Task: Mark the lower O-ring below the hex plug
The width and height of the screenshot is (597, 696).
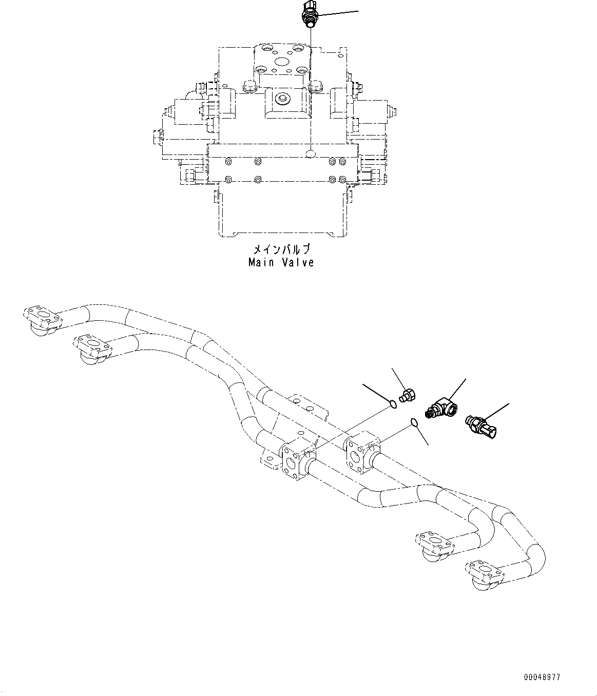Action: click(414, 422)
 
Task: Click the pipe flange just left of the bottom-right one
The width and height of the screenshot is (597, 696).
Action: click(434, 543)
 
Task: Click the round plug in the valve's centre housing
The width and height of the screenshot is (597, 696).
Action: click(281, 98)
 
